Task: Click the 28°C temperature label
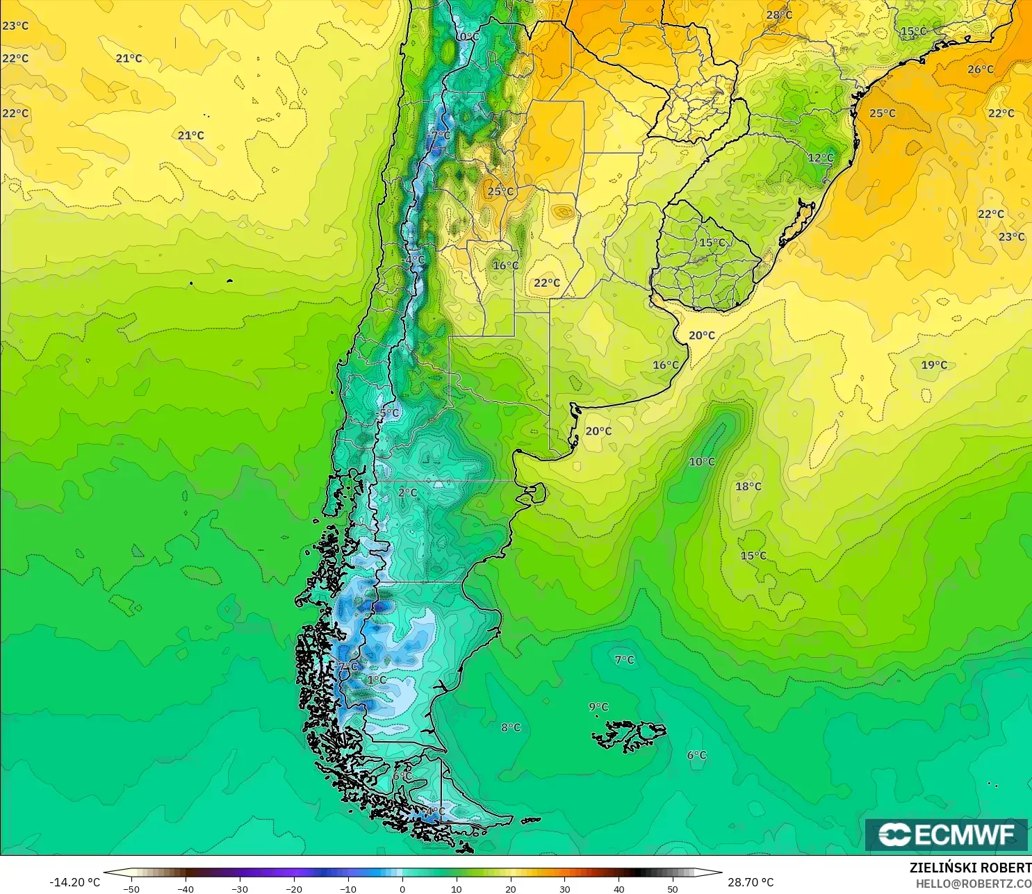[x=779, y=15]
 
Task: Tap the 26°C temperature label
[x=981, y=69]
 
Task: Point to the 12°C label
[x=821, y=158]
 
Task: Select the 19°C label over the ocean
[x=934, y=365]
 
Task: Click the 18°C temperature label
[x=748, y=486]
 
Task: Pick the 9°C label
[x=598, y=707]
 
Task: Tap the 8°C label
[x=511, y=727]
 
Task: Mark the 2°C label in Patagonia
[x=408, y=492]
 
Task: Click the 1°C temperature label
[x=377, y=679]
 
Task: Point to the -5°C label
[x=388, y=413]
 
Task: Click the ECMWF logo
[x=946, y=834]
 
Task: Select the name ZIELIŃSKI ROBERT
[x=970, y=868]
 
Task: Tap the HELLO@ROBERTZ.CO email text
[x=973, y=884]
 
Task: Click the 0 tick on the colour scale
[x=402, y=888]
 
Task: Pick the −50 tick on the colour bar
[x=131, y=888]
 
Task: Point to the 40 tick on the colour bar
[x=619, y=888]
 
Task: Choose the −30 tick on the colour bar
[x=239, y=888]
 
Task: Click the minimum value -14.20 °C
[x=74, y=882]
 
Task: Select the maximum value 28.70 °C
[x=751, y=882]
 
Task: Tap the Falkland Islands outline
[x=629, y=736]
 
